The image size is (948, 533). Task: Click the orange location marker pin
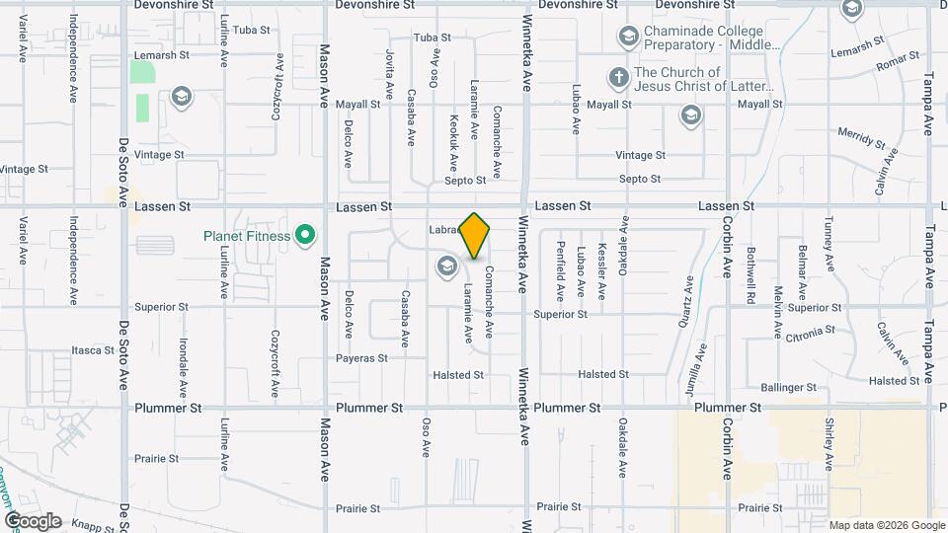(x=475, y=236)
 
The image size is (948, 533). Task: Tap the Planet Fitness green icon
(x=306, y=236)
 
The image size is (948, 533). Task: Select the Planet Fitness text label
(x=247, y=236)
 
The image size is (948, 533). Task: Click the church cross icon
(x=618, y=75)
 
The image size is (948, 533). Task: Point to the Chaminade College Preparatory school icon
(x=627, y=38)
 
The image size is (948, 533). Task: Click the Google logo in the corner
(x=32, y=521)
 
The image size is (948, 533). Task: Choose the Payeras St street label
(x=361, y=358)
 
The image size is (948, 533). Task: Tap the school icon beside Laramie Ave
(x=446, y=265)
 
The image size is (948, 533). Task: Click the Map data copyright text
(x=886, y=525)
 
